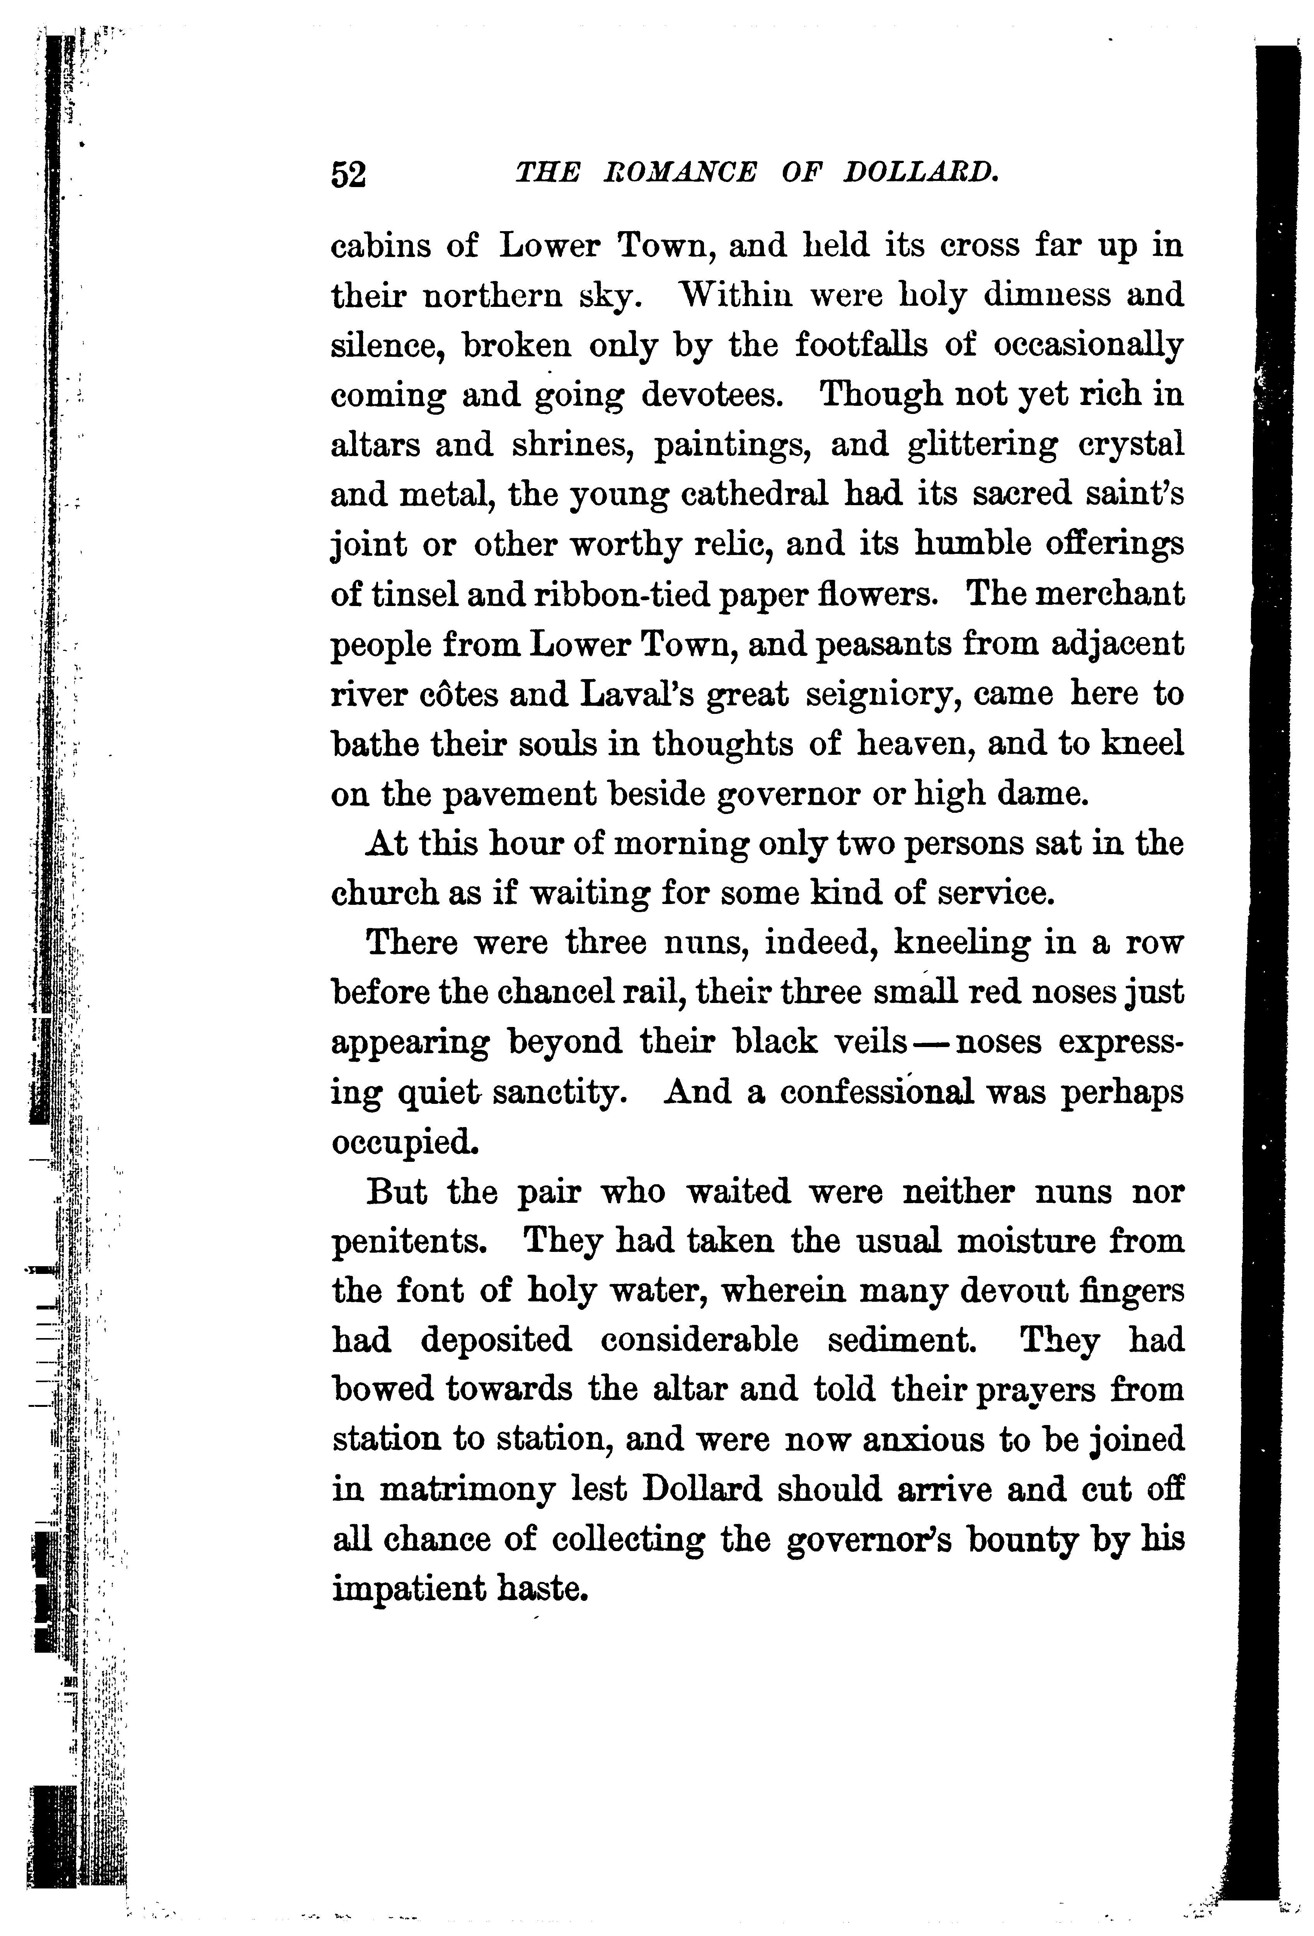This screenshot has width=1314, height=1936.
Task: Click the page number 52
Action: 348,175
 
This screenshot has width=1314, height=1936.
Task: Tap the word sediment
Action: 901,1341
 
